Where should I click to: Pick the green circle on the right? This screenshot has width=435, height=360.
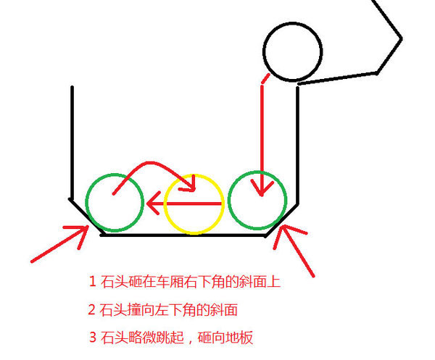point(286,200)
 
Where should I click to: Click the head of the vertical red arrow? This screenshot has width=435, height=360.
point(262,195)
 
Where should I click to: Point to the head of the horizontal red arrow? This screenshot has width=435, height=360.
point(148,204)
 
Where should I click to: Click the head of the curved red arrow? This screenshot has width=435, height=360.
point(194,190)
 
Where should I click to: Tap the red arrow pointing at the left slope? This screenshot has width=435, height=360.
point(59,244)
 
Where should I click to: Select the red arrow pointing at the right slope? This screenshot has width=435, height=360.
point(296,250)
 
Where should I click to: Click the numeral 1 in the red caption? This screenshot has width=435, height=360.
point(92,282)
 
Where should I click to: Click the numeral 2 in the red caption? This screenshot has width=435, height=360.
point(92,309)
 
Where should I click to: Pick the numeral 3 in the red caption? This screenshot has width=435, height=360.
point(93,337)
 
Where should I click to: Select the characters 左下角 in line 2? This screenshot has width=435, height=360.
point(175,309)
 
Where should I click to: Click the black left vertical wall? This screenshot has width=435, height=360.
point(72,143)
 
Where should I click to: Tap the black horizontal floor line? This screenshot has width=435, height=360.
point(183,235)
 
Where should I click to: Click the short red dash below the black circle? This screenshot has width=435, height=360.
point(265,78)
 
